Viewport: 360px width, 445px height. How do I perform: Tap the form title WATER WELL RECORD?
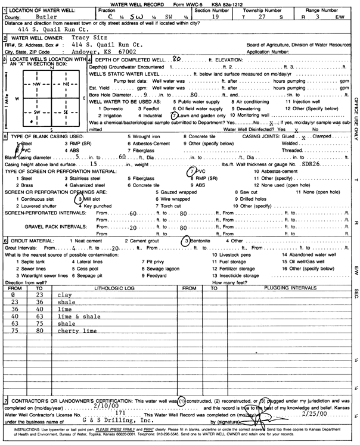click(153, 4)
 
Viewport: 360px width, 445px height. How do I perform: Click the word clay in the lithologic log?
click(63, 295)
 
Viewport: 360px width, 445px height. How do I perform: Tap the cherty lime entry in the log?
click(73, 330)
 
